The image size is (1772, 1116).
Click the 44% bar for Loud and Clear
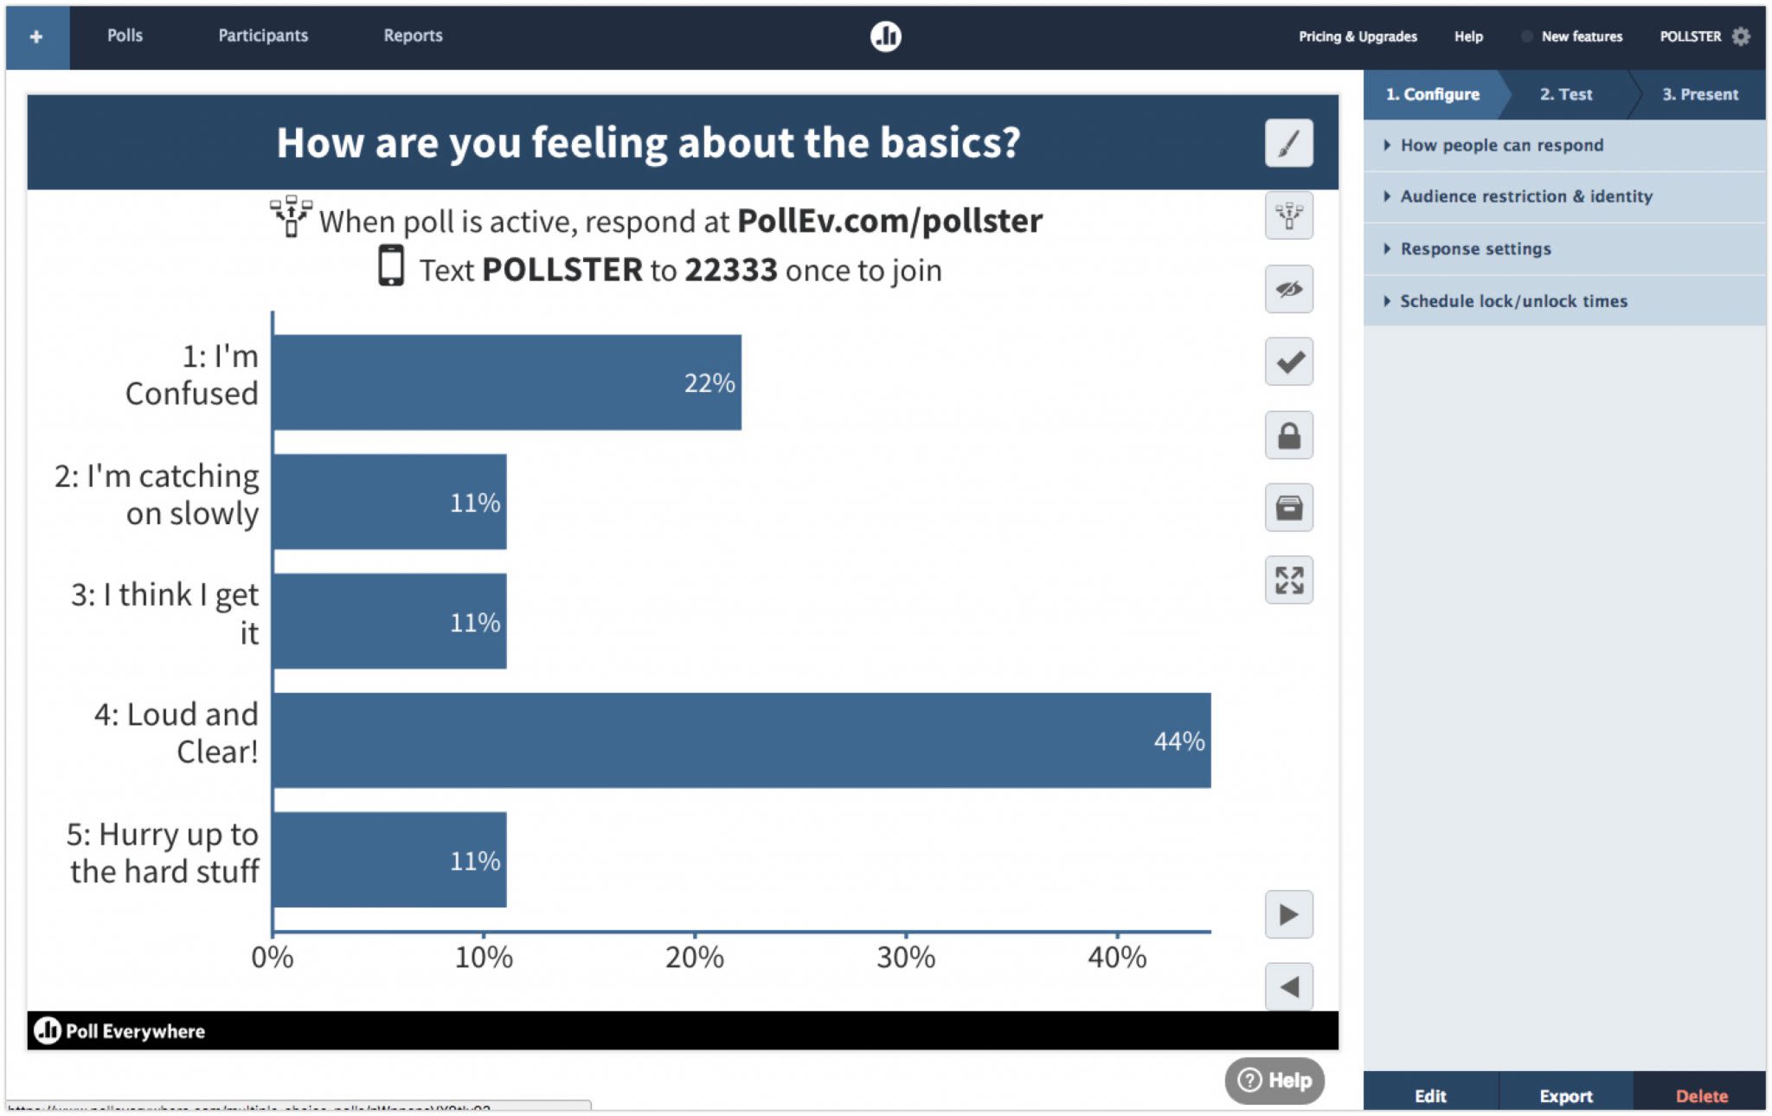pos(741,740)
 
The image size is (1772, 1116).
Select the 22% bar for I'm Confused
pos(506,382)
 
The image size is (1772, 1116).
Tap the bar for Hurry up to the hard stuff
pos(388,859)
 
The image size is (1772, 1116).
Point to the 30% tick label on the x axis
pos(905,958)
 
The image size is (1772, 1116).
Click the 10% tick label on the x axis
pos(484,958)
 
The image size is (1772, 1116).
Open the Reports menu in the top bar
pos(413,35)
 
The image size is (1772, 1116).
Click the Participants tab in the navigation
pos(262,35)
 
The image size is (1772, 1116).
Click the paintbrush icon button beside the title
pos(1288,143)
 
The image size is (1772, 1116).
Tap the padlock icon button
pos(1288,434)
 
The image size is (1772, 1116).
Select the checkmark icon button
pos(1288,362)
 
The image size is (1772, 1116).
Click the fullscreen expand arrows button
pos(1288,580)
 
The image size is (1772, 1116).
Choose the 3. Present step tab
pos(1699,94)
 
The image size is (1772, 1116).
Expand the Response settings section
pos(1475,249)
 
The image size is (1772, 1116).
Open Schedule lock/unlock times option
pos(1513,301)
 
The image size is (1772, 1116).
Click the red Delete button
pos(1701,1095)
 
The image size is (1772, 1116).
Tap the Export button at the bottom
pos(1565,1095)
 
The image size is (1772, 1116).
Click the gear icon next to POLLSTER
pos(1741,36)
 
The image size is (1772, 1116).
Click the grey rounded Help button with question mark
pos(1274,1080)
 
